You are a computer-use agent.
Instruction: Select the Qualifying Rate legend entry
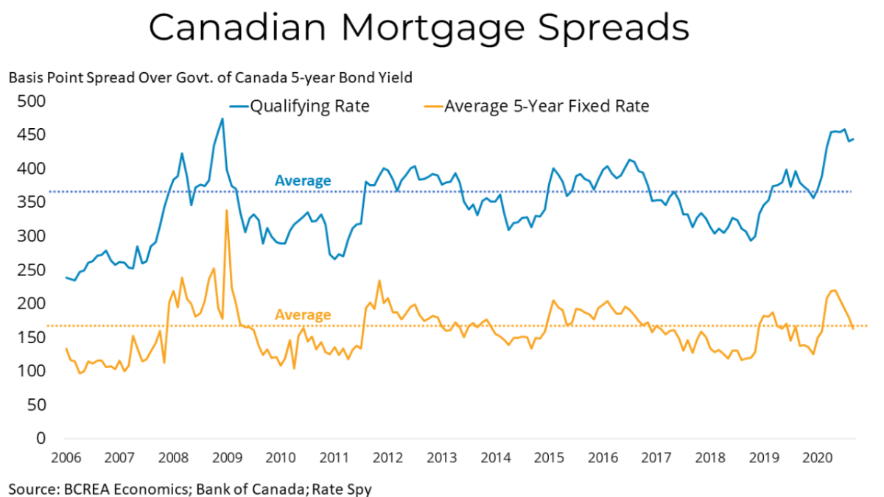coord(309,106)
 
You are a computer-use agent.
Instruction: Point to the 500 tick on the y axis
coord(31,102)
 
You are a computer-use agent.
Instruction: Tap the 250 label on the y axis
coord(31,270)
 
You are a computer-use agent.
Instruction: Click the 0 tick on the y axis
coord(40,439)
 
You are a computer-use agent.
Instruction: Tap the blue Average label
coord(303,180)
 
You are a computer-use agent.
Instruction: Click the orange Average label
coord(303,315)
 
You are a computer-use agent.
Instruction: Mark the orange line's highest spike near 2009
coord(226,211)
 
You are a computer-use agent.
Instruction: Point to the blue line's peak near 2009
coord(222,119)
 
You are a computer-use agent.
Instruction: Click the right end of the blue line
coord(853,139)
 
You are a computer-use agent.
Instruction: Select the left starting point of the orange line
coord(66,348)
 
